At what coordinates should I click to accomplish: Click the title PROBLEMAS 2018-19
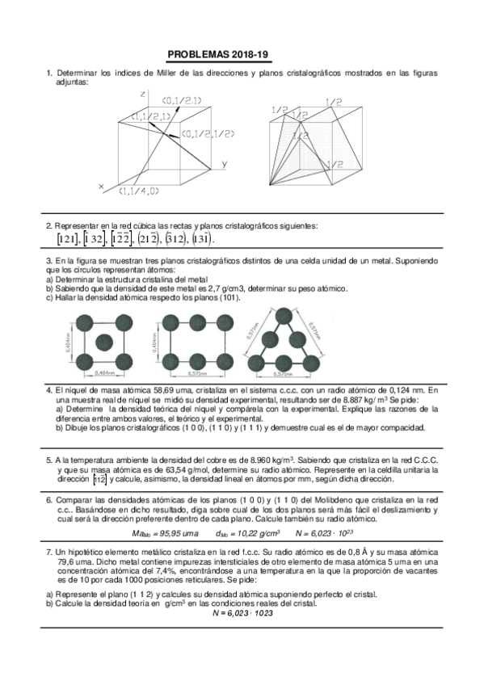(x=217, y=56)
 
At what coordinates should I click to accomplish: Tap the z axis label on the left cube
(x=142, y=95)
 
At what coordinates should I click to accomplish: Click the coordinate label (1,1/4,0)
(x=140, y=191)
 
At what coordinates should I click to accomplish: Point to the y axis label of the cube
(x=224, y=164)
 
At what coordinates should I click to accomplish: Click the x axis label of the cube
(x=101, y=187)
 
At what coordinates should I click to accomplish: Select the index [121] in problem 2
(x=67, y=239)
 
